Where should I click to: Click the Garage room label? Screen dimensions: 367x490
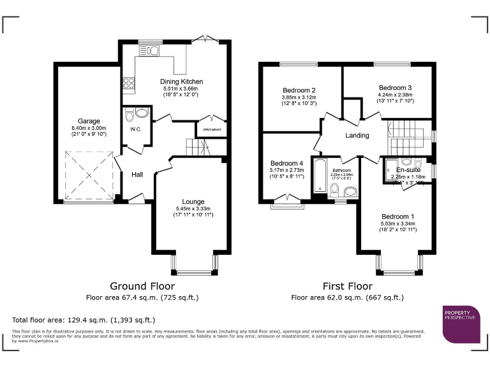(89, 120)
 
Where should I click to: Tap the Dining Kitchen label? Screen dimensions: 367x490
(181, 82)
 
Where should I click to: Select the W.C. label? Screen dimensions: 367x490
(136, 129)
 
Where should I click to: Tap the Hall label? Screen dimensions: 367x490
(137, 175)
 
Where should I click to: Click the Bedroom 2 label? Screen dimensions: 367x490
(300, 90)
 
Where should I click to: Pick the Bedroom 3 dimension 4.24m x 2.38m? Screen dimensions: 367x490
(395, 94)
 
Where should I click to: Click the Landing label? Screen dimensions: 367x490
(357, 136)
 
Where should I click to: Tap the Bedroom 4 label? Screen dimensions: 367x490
(287, 162)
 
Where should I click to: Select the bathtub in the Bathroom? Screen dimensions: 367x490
(319, 176)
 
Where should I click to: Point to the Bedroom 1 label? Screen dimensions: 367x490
(398, 216)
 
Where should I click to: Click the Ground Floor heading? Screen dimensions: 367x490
(142, 287)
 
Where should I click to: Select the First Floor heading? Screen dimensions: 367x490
(347, 287)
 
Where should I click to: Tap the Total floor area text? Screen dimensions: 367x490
(84, 320)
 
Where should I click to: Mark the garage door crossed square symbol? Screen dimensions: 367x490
(87, 175)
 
